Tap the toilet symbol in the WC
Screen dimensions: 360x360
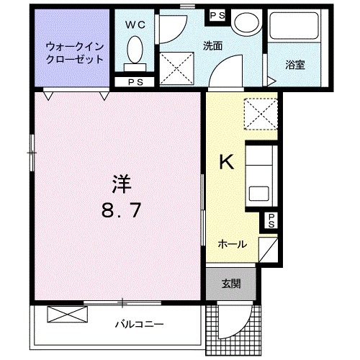click(x=134, y=50)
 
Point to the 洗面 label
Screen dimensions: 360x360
click(x=211, y=45)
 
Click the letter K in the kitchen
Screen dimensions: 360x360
click(x=226, y=163)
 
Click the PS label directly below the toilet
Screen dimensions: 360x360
click(x=135, y=81)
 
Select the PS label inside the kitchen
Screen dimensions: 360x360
click(x=271, y=220)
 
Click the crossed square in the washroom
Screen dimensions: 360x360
click(x=176, y=68)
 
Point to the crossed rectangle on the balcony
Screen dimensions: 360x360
click(x=66, y=315)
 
